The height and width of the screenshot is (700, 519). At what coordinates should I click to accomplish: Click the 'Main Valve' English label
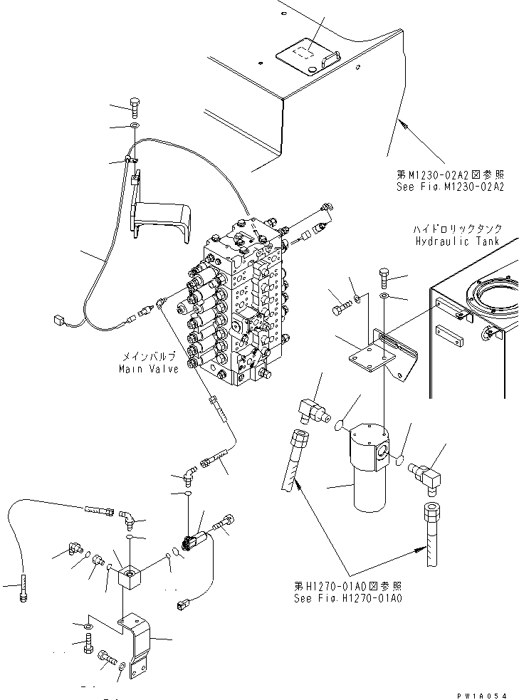pyautogui.click(x=148, y=368)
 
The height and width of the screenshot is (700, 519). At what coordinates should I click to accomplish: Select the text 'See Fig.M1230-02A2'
pyautogui.click(x=450, y=186)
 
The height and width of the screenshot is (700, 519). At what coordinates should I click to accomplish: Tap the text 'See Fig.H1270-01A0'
pyautogui.click(x=348, y=598)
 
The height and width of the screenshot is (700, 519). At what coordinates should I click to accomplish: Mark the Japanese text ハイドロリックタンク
pyautogui.click(x=457, y=229)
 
